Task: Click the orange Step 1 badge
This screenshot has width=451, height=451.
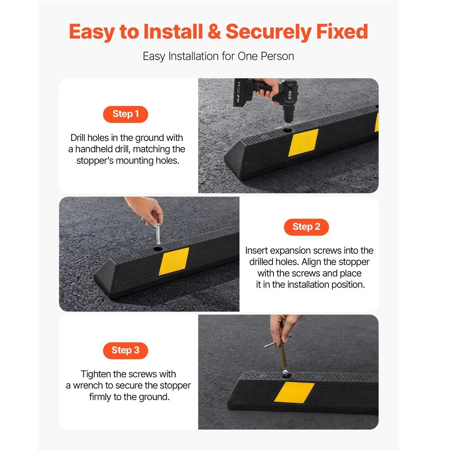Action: point(125,114)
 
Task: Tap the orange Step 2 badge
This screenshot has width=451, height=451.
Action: point(306,227)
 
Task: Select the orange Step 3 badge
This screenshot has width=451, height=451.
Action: point(125,350)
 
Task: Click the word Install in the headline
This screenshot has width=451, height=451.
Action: point(173,32)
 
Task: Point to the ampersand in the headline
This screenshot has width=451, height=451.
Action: point(214,32)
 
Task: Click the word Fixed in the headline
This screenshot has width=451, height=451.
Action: point(342,32)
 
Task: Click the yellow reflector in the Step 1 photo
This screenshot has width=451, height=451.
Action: point(303,143)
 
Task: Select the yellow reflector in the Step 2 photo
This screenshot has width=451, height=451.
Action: point(174,261)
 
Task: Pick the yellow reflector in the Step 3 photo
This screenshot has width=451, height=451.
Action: point(294,392)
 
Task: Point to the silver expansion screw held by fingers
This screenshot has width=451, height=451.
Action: point(158,234)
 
